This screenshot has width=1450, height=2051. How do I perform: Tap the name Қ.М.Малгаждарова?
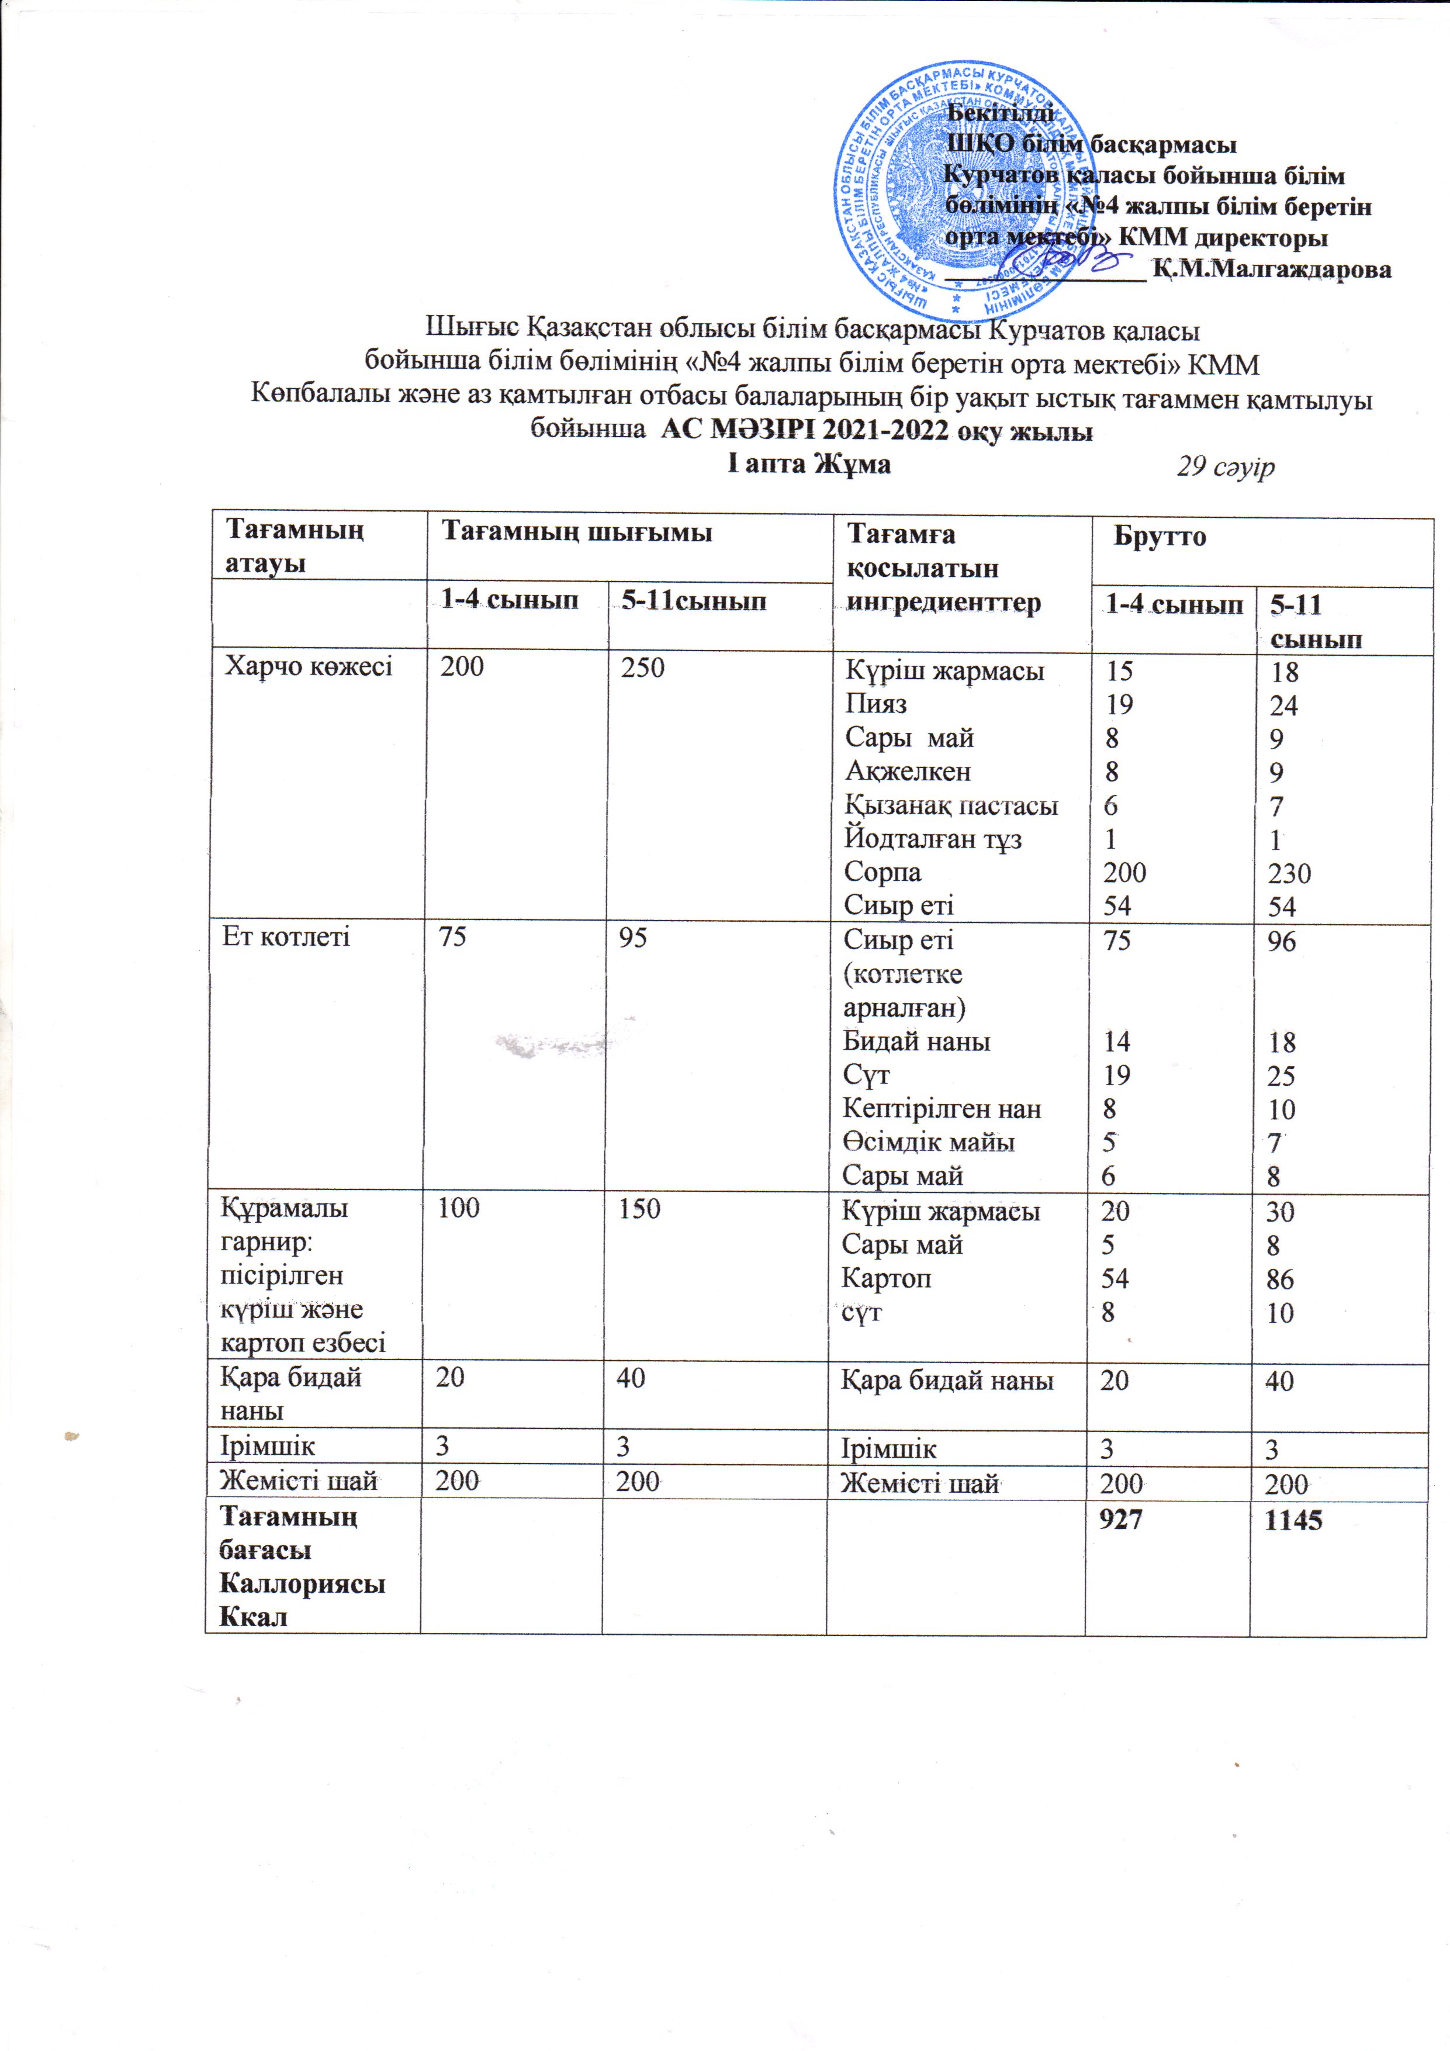pos(1271,269)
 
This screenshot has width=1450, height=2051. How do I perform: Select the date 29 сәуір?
pos(1225,466)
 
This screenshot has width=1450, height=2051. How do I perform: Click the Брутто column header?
pos(1160,537)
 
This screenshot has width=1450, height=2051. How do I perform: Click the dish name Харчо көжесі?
pos(308,666)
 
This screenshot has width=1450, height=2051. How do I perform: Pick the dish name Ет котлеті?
pos(285,937)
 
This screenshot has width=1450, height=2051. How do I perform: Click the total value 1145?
pos(1291,1520)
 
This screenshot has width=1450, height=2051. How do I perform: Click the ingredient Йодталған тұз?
pos(933,839)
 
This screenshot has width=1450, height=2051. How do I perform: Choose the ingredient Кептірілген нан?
pos(942,1109)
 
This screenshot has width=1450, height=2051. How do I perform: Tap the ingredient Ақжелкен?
pos(908,772)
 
